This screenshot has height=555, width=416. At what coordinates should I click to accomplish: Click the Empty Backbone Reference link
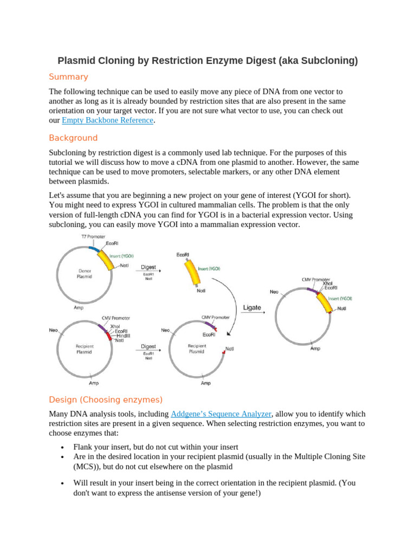108,121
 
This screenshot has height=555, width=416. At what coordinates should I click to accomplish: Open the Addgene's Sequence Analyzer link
220,414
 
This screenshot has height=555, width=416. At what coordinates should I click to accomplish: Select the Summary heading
68,76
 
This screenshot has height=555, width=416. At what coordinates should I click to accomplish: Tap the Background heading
73,138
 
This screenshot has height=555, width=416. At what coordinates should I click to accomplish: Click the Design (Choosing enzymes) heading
105,400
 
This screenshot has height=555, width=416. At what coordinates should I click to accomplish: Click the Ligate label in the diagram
252,308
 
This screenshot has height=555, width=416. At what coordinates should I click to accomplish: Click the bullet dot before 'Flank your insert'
63,448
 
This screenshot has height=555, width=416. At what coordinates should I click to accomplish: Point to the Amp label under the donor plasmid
79,307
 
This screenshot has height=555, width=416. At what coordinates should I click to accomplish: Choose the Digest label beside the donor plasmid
148,267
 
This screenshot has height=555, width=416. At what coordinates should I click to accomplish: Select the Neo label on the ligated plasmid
274,292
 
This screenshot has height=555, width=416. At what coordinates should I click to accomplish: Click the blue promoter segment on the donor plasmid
93,249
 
